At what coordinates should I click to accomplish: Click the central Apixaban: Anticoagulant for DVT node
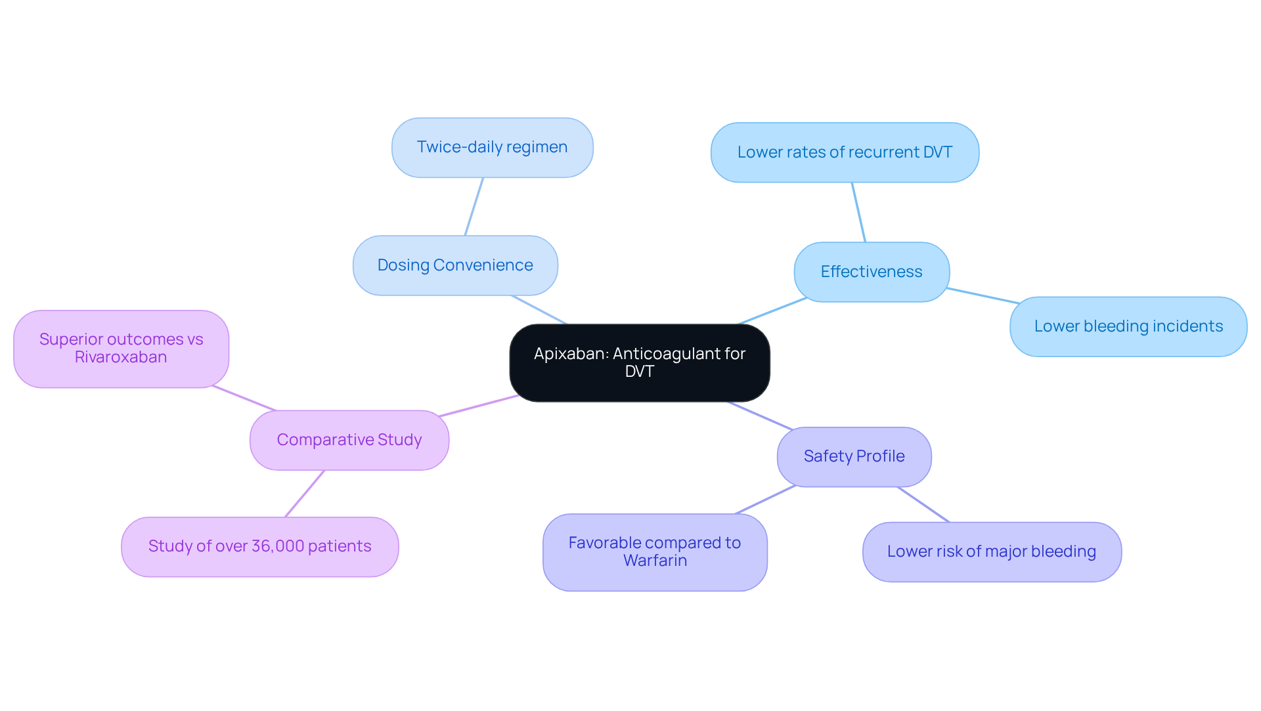(x=639, y=362)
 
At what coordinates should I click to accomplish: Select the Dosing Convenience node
(x=455, y=265)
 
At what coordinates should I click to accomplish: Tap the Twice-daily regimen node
(x=492, y=147)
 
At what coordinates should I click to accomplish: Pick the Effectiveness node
(x=871, y=272)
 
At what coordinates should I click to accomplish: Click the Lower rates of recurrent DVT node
(x=845, y=152)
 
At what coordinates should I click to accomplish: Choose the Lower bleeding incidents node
(x=1128, y=326)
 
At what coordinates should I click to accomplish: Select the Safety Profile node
(x=854, y=456)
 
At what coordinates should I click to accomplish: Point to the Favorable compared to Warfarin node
(x=655, y=551)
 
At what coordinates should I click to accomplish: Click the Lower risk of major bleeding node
(x=991, y=551)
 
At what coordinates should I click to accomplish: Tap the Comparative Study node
(x=349, y=440)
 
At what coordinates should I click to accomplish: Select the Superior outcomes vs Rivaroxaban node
(x=121, y=349)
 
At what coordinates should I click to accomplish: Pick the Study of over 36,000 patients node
(x=259, y=546)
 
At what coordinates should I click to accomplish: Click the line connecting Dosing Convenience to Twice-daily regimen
(x=474, y=206)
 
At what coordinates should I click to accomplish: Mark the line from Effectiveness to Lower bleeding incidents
(x=983, y=295)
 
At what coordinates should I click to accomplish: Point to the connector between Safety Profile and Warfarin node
(x=765, y=500)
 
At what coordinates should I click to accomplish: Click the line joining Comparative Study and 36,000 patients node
(x=305, y=494)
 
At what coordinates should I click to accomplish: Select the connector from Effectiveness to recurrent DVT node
(x=858, y=212)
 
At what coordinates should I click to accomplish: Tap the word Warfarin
(x=655, y=561)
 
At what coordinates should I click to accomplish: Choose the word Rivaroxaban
(x=121, y=357)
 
